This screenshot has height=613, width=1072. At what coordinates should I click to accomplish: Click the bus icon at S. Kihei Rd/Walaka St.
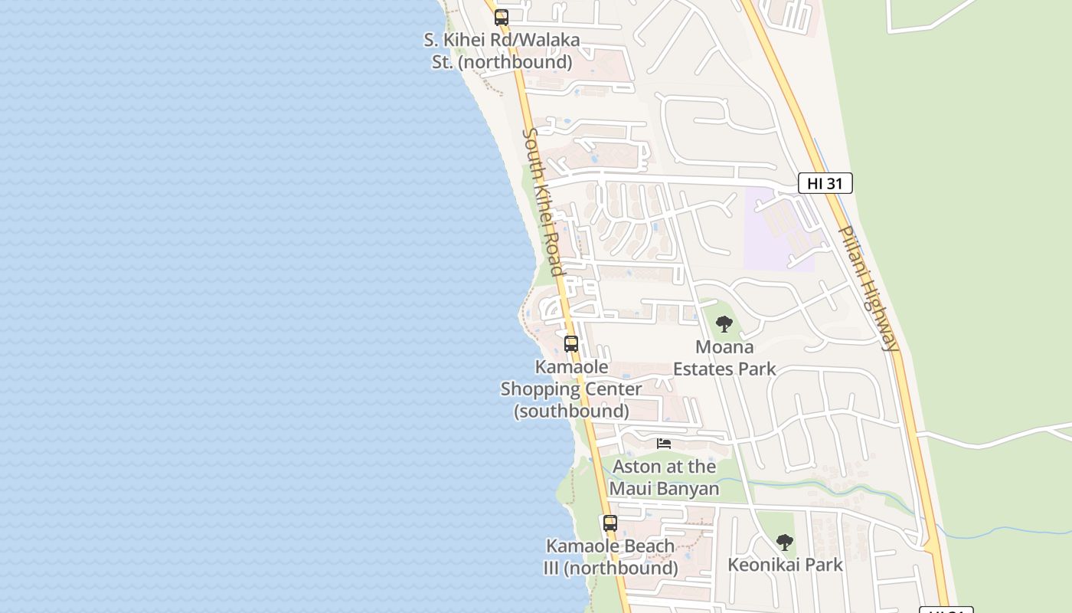pyautogui.click(x=502, y=17)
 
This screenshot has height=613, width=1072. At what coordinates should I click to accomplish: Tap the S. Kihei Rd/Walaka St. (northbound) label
pyautogui.click(x=502, y=51)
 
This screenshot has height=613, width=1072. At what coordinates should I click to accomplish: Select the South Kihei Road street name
pyautogui.click(x=543, y=202)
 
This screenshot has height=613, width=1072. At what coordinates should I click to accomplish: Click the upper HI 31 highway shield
pyautogui.click(x=825, y=183)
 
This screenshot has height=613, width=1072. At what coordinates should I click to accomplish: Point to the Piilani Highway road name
pyautogui.click(x=868, y=287)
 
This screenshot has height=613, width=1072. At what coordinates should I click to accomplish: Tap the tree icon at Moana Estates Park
pyautogui.click(x=724, y=324)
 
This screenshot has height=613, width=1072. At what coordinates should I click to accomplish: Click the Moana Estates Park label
pyautogui.click(x=724, y=358)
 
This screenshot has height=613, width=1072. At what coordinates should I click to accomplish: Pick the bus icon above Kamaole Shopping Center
pyautogui.click(x=571, y=344)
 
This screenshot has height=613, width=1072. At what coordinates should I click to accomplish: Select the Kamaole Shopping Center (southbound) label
pyautogui.click(x=571, y=388)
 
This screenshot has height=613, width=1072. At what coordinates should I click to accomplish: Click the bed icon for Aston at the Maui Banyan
pyautogui.click(x=664, y=444)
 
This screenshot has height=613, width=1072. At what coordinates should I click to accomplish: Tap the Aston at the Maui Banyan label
pyautogui.click(x=664, y=477)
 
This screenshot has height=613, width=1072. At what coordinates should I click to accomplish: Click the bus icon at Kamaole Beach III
pyautogui.click(x=610, y=523)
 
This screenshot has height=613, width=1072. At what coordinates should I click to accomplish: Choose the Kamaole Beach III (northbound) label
pyautogui.click(x=610, y=557)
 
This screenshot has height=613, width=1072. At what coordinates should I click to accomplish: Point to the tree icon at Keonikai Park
pyautogui.click(x=784, y=543)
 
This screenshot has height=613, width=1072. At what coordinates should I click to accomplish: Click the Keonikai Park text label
pyautogui.click(x=784, y=565)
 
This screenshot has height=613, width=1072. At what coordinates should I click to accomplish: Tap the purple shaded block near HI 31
pyautogui.click(x=777, y=230)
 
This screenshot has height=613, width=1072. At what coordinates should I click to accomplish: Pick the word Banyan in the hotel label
pyautogui.click(x=690, y=488)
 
